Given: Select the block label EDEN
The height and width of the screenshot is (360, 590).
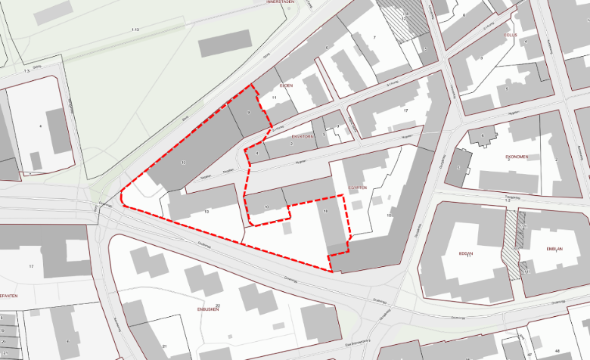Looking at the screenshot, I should (x=286, y=86).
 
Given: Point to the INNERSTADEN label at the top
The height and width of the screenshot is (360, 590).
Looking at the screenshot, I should (x=279, y=3).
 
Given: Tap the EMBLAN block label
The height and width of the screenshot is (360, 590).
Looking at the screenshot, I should (x=554, y=249).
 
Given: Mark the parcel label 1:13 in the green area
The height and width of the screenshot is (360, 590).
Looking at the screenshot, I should (x=135, y=29).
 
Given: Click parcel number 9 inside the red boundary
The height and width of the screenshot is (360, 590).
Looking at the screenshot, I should (x=248, y=113).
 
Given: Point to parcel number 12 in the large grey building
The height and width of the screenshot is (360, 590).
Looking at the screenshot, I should (x=183, y=163).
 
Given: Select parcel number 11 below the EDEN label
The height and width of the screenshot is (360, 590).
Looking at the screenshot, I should (x=274, y=98).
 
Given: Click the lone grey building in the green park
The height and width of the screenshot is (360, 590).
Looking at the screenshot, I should (x=225, y=43).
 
